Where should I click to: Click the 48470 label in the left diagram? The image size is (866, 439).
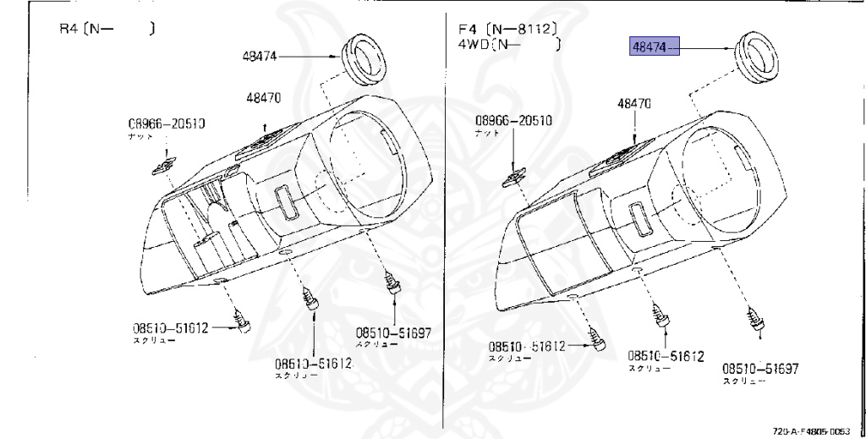pos(264,98)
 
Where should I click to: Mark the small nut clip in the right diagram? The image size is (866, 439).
pos(513,177)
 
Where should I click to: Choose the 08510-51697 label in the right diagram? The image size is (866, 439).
pos(760,369)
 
